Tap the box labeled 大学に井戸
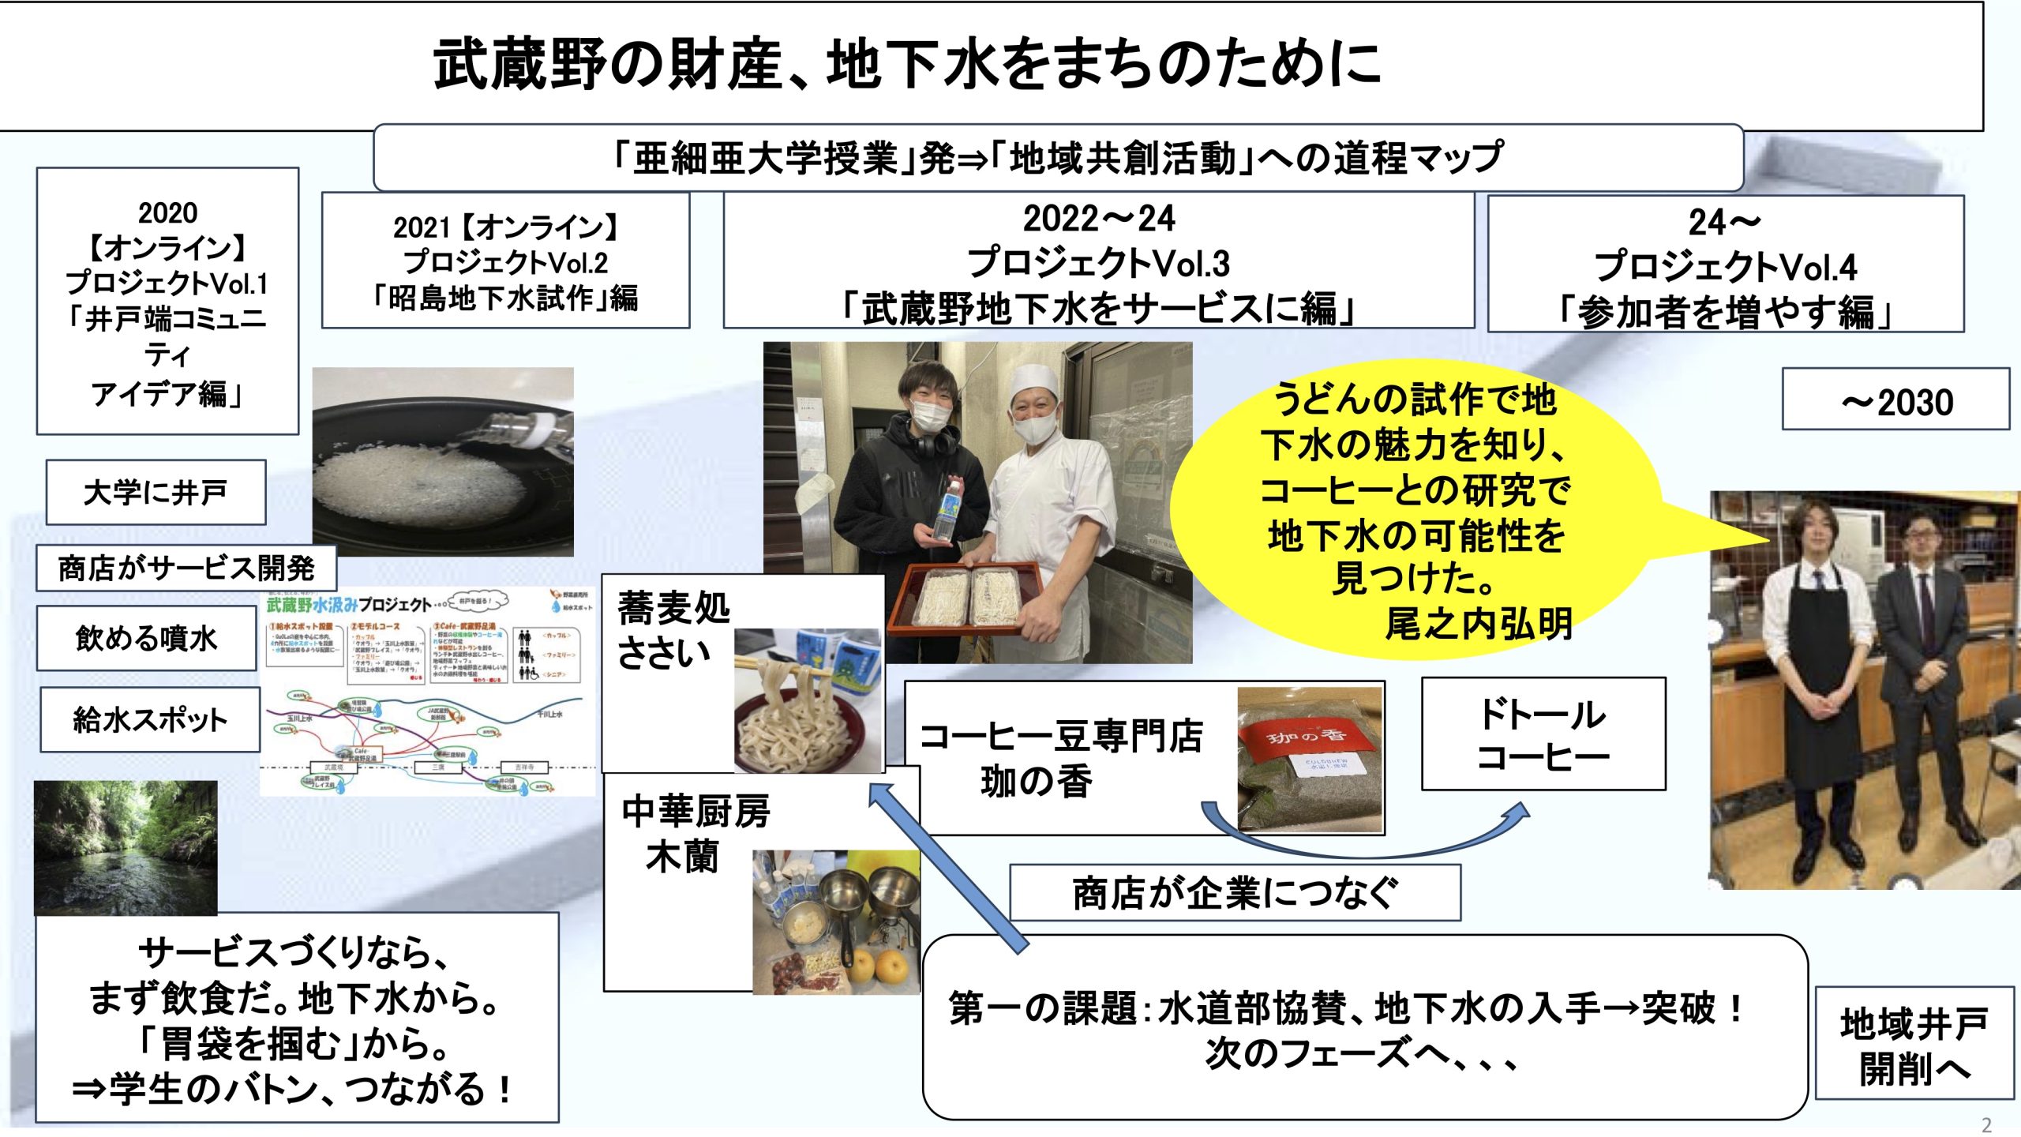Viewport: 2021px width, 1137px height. tap(156, 492)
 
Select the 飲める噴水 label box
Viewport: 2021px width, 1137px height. tap(147, 638)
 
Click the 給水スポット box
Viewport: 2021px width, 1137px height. tap(150, 719)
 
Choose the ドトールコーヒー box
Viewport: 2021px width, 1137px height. tap(1543, 734)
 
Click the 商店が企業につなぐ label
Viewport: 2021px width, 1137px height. tap(1235, 893)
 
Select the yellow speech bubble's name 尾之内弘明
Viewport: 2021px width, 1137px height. tap(1478, 623)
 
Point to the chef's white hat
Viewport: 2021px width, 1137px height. tap(1034, 383)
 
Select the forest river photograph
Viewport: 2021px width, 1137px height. tap(126, 847)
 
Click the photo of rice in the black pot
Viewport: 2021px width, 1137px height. tap(443, 462)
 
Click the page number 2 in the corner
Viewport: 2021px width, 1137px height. tap(1986, 1124)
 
